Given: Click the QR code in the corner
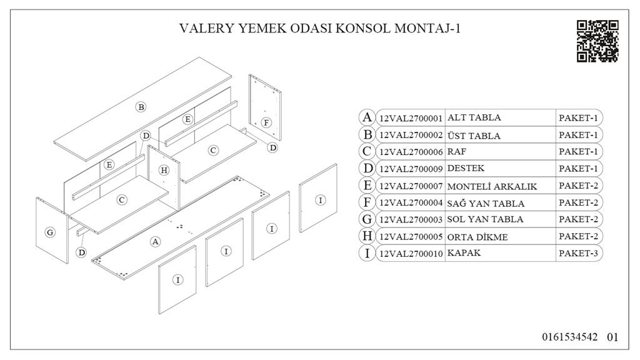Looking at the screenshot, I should coord(597,41).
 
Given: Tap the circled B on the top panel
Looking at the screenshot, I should coord(141,107).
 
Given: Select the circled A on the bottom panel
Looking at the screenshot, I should coord(156,241).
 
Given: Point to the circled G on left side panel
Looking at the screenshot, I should coord(51,232).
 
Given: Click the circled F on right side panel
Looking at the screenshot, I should coord(266,122).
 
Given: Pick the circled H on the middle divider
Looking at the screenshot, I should coord(164,170).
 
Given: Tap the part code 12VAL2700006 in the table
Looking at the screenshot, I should coord(411,152).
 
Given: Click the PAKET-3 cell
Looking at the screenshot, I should coord(579,253).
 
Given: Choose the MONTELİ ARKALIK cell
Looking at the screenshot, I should coord(492,186).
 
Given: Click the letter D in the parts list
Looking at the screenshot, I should coord(367,169).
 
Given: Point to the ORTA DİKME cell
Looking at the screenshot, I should coord(477,236).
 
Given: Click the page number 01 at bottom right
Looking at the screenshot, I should coord(612,337).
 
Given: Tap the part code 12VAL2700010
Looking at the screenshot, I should coord(411,254).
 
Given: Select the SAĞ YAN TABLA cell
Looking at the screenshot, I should coord(486,203).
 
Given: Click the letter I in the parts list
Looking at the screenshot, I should coord(367,253).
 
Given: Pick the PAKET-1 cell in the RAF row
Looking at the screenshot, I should coord(579,152).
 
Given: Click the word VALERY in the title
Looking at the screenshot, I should coord(202,28).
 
